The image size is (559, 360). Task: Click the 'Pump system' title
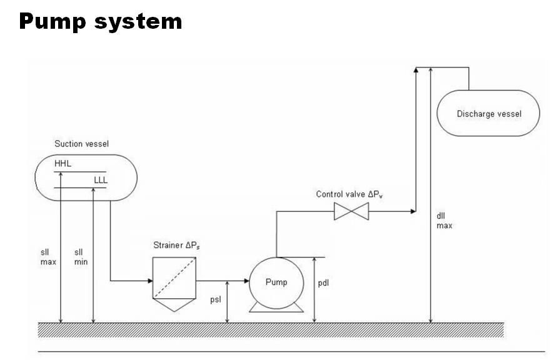[x=101, y=22]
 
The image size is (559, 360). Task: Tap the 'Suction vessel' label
[x=81, y=144]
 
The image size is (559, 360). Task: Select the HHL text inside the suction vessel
[x=63, y=164]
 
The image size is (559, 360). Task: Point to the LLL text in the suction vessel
[x=101, y=180]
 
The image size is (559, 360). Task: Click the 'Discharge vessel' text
[x=489, y=114]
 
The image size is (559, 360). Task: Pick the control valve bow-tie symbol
[x=351, y=211]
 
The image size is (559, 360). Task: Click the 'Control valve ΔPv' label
[x=350, y=194]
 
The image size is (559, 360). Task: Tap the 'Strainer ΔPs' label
[x=176, y=245]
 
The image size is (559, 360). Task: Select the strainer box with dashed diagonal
[x=174, y=277]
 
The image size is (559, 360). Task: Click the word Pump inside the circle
[x=276, y=282]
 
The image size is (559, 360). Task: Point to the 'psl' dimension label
[x=216, y=299]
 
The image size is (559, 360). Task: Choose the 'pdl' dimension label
[x=323, y=283]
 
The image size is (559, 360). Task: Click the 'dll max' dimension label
[x=444, y=221]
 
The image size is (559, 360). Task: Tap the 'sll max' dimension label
[x=48, y=257]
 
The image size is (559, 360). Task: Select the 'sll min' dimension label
[x=81, y=257]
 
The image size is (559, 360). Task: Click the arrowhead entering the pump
[x=247, y=281]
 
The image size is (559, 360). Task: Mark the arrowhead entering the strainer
[x=150, y=281]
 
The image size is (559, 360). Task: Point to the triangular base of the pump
[x=276, y=308]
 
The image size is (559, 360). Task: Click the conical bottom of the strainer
[x=174, y=305]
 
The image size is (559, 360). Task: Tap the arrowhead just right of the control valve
[x=413, y=211]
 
